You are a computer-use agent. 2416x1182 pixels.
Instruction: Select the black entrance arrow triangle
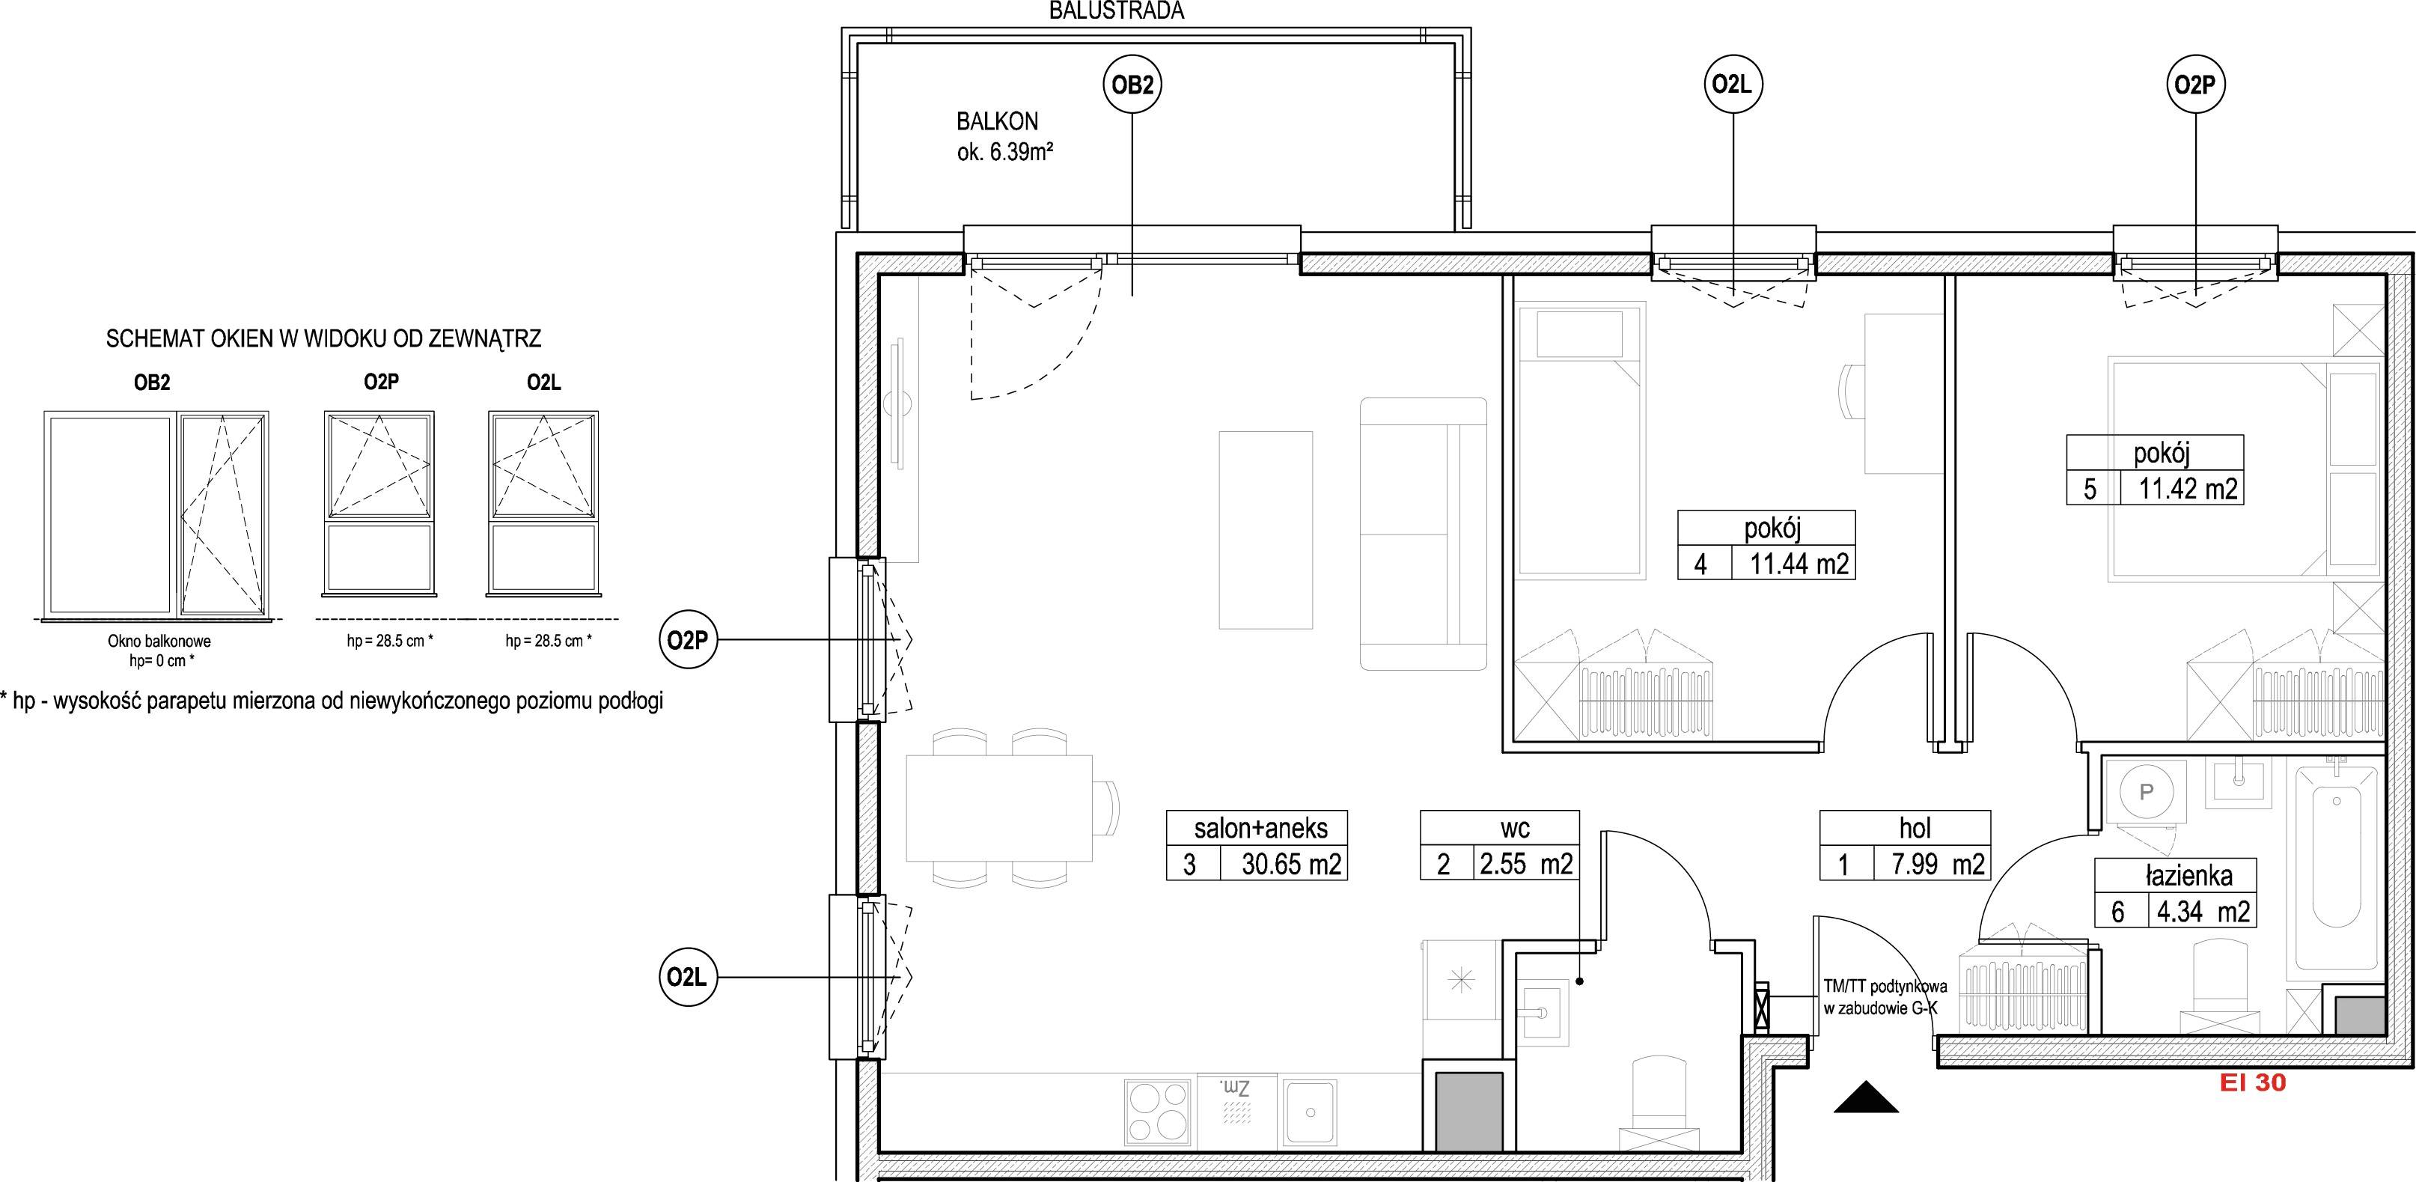click(1867, 1097)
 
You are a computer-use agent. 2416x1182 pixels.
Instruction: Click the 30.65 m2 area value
click(1292, 863)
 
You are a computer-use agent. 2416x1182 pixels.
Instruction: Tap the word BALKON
click(997, 121)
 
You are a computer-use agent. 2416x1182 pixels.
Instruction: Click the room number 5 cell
click(2089, 489)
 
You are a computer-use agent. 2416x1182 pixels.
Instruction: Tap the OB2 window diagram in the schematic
click(156, 514)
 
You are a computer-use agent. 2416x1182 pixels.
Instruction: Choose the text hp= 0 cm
click(159, 660)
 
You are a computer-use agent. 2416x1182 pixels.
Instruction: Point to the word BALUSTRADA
click(1116, 10)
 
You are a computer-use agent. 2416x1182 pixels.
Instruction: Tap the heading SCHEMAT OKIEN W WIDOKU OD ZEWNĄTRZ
click(323, 338)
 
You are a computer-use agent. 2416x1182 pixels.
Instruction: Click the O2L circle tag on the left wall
click(688, 978)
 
